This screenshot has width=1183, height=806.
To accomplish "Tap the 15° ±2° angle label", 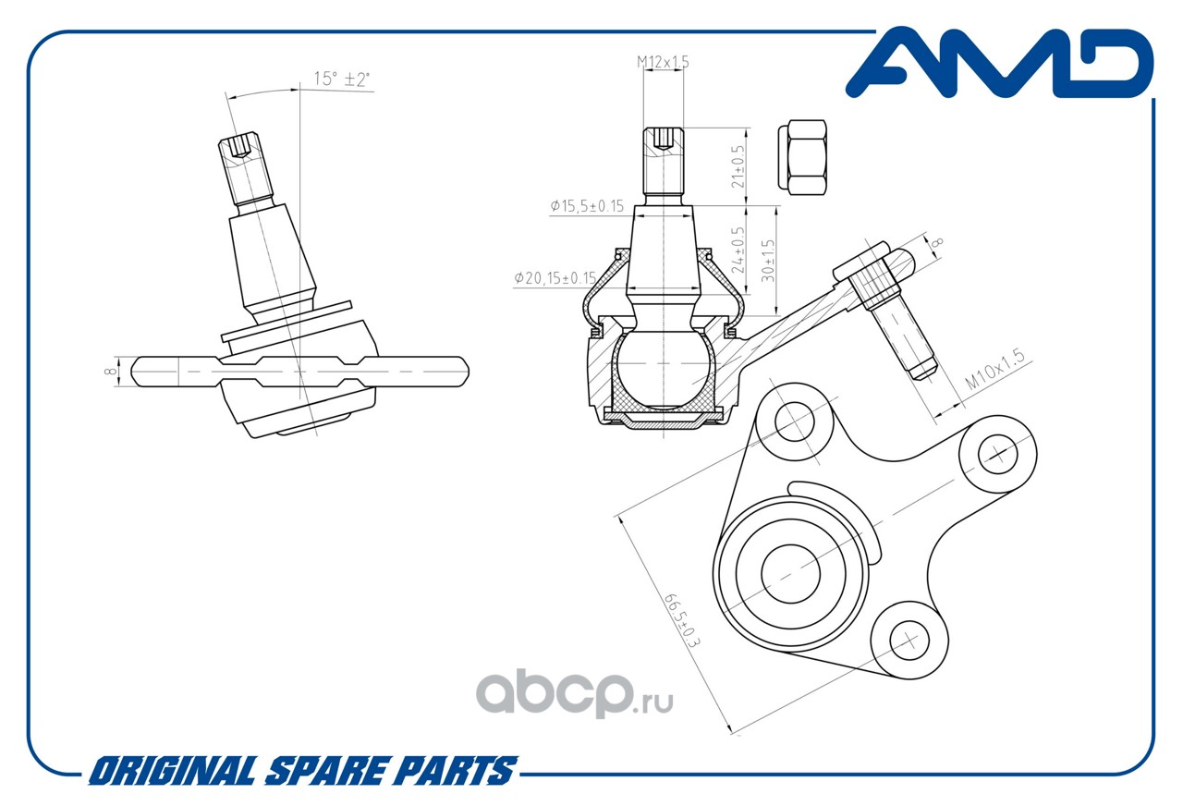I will click(x=342, y=79).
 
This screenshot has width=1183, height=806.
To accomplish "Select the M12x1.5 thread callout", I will click(x=663, y=62).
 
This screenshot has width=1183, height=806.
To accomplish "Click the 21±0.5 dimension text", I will click(x=738, y=165).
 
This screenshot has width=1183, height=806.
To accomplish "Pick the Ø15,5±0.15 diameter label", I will click(x=587, y=206).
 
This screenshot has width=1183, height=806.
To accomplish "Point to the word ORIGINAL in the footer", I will click(x=172, y=771).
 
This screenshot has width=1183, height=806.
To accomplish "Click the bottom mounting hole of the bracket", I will click(x=908, y=637).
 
